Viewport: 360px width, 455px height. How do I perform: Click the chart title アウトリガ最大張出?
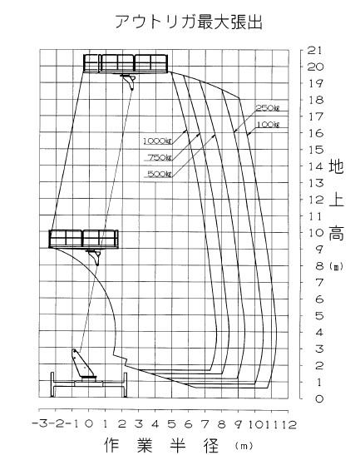[x=189, y=22]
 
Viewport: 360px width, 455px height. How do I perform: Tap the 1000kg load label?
[x=158, y=141]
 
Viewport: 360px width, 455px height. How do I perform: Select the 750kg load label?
[x=160, y=157]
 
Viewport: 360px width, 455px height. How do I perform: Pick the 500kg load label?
[x=160, y=174]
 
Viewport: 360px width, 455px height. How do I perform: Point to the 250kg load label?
[x=267, y=108]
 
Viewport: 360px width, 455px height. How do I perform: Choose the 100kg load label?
[x=268, y=125]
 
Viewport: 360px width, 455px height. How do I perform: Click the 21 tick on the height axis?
[x=315, y=51]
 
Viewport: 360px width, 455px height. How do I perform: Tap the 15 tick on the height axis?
[x=315, y=150]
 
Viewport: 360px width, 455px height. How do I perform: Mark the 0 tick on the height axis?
[x=319, y=398]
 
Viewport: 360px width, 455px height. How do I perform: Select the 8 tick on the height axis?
[x=319, y=266]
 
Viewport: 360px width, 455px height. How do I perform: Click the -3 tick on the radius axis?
[x=39, y=424]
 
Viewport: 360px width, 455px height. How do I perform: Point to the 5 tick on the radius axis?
[x=172, y=424]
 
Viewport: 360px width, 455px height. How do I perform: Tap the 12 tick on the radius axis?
[x=288, y=424]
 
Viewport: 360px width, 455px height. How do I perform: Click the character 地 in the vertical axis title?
[x=336, y=166]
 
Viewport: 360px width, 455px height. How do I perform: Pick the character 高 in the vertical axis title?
[x=336, y=233]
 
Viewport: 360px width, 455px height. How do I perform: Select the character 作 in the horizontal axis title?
[x=111, y=444]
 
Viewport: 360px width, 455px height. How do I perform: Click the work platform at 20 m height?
[x=126, y=63]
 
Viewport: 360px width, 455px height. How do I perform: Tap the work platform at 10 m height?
[x=83, y=239]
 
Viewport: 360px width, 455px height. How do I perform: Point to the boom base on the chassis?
[x=83, y=365]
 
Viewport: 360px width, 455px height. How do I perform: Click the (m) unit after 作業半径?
[x=244, y=445]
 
